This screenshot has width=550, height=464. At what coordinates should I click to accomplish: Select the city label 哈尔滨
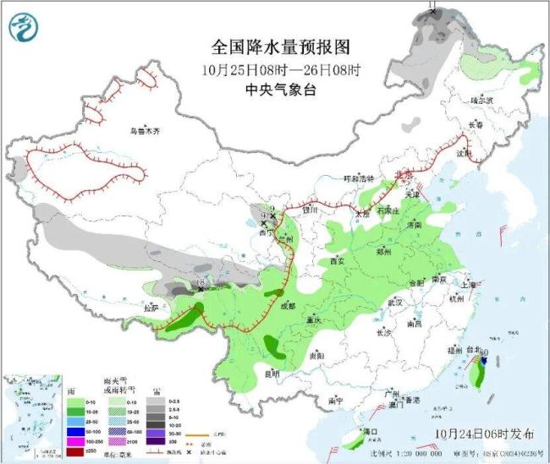[481, 101]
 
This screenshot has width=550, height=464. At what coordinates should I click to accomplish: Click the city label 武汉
[392, 302]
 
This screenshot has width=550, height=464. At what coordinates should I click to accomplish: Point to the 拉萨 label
[151, 308]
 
